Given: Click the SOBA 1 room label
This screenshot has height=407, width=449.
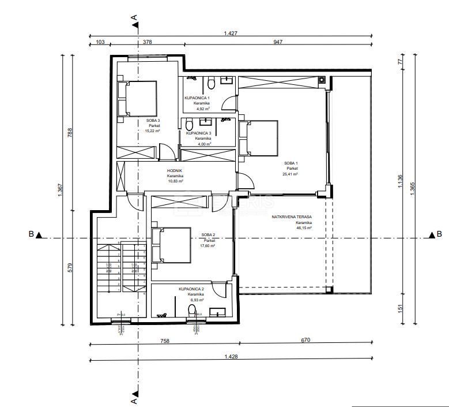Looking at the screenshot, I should pos(289,163).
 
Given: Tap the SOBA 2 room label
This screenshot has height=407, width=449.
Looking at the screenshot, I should pos(207,234).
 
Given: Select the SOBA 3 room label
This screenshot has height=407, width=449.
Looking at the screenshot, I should pos(153,120).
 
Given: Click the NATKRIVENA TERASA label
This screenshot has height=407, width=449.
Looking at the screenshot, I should pos(292,217).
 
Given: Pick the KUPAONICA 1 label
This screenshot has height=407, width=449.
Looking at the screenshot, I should pos(201,98).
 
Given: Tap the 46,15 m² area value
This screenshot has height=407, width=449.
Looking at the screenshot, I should pos(303,228).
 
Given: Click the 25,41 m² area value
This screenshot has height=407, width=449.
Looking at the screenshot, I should pos(289,174).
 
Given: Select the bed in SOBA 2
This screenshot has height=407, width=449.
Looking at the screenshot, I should pos(170,244).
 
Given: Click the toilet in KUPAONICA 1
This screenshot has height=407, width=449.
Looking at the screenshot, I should pos(212,85).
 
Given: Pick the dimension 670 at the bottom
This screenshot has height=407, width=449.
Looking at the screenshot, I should pos(305,341).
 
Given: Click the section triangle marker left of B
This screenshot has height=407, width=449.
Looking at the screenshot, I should pos(39,235).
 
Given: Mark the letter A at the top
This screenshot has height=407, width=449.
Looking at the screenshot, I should pos(134,18).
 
